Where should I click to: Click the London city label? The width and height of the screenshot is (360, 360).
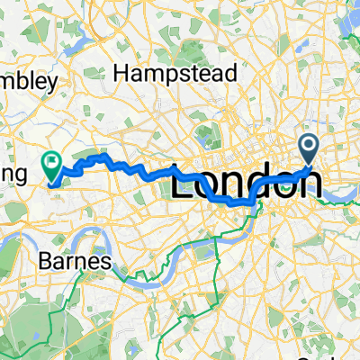click(x=246, y=184)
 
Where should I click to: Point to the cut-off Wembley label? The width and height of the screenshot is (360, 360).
click(x=29, y=81)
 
